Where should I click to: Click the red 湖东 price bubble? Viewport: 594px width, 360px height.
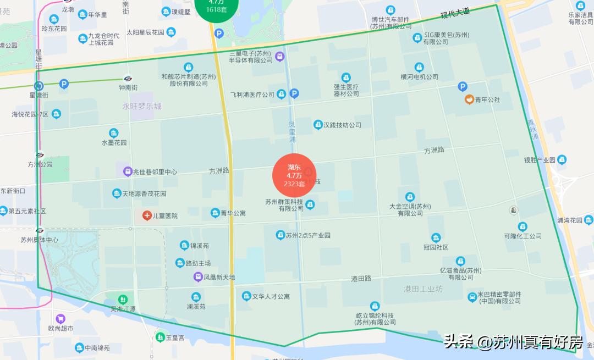point(294,175)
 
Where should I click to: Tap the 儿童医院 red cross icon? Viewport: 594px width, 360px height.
point(147,215)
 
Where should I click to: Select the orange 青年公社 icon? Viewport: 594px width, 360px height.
point(469,99)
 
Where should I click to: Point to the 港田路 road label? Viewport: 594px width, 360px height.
point(361,279)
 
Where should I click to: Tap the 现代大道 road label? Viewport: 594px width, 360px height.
point(456,14)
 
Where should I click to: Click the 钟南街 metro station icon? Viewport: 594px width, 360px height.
point(128,79)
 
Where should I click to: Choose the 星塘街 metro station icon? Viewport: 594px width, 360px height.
point(38,86)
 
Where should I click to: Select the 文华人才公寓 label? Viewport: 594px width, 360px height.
point(271,297)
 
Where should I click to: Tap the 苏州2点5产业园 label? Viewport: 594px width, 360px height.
point(308,235)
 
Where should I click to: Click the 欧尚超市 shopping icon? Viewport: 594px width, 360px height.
point(61,318)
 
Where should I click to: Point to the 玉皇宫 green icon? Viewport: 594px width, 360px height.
point(159,336)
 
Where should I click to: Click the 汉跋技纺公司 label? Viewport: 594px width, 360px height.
point(342,125)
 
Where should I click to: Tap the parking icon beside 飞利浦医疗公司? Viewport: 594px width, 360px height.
point(294,94)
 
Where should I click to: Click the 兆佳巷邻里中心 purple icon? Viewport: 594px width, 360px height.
point(128,171)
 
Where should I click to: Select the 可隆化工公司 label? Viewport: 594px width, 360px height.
point(522,236)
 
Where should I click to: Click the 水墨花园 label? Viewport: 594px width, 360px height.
point(114,142)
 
